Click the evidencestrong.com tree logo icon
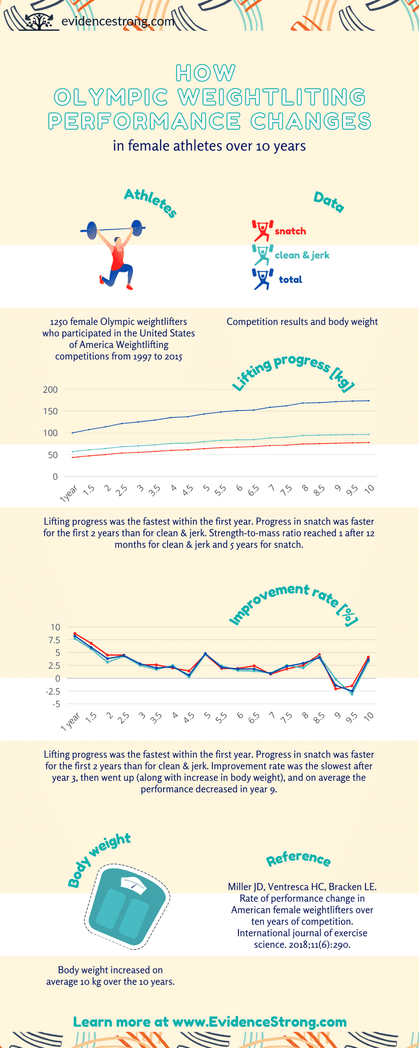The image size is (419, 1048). [39, 21]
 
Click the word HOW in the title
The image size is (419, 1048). [206, 73]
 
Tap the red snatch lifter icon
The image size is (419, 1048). [262, 230]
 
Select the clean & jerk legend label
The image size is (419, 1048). [302, 255]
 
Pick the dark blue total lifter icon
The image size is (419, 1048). [262, 279]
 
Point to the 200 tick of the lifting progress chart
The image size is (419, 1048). [51, 389]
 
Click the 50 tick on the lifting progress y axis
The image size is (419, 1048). [52, 455]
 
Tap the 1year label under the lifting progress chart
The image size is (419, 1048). [69, 493]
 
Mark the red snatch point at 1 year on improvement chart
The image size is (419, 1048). [75, 634]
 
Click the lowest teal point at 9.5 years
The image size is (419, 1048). [352, 694]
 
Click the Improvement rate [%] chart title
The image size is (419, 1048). [293, 605]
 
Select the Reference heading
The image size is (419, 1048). [298, 858]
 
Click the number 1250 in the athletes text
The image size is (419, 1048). [59, 322]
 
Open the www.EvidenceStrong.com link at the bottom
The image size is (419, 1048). [259, 1022]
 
